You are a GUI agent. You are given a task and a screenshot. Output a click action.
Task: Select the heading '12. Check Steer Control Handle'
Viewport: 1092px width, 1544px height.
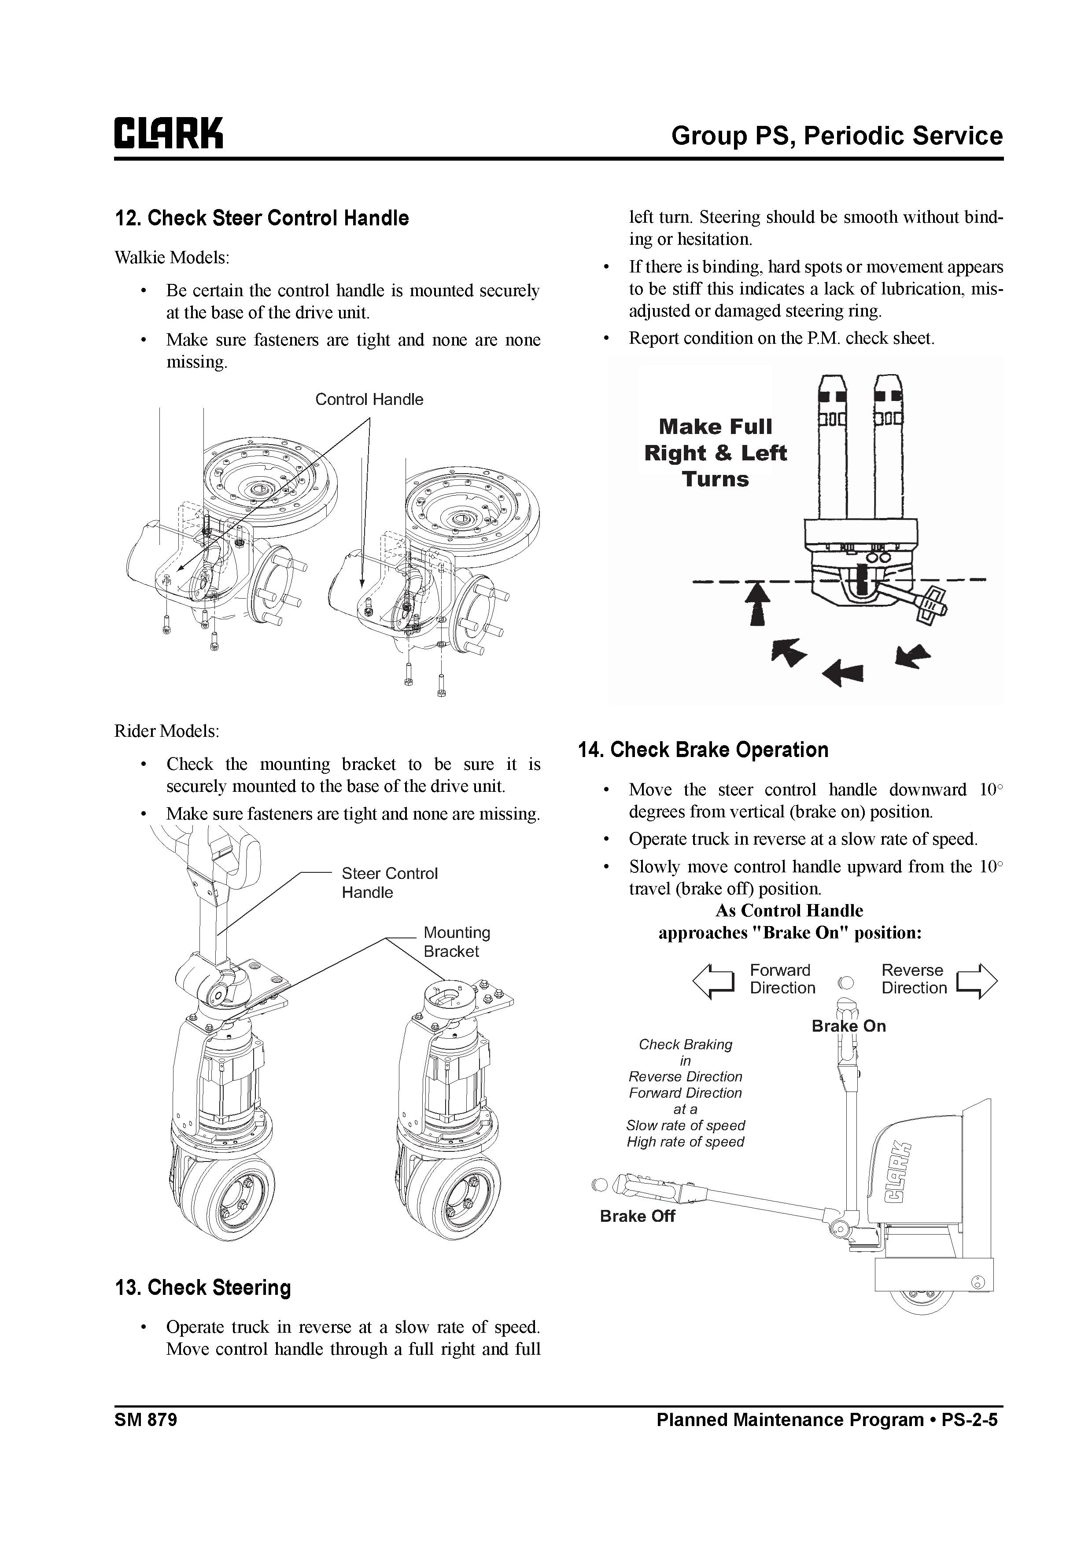262,219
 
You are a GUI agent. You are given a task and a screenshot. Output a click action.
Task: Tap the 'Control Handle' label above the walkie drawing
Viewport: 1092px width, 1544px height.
369,400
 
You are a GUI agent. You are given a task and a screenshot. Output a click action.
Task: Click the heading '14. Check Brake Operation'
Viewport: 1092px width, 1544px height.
703,750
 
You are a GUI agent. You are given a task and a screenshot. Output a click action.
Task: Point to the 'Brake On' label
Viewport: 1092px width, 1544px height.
849,1026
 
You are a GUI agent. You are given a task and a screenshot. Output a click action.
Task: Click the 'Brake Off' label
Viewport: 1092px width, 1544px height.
637,1217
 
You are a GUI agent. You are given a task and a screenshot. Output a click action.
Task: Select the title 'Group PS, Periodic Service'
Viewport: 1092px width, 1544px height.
836,136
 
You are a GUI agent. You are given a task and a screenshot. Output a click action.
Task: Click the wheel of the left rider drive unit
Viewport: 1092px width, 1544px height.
240,1202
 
